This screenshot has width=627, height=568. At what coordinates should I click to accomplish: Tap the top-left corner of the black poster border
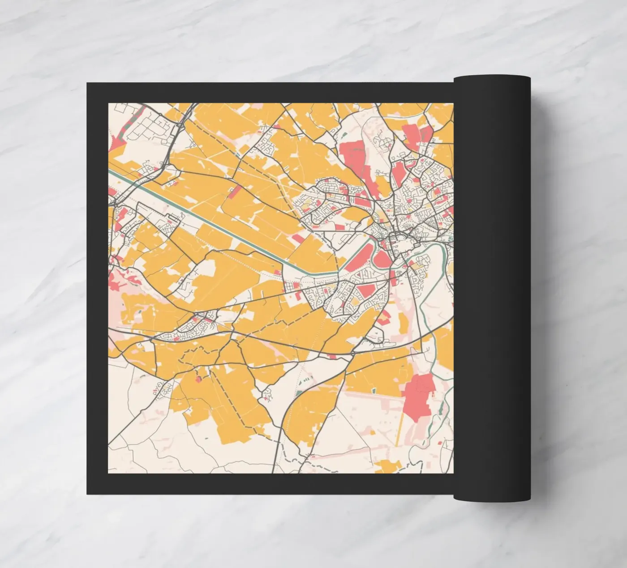click(88, 84)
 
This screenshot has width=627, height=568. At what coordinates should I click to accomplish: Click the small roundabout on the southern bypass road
click(353, 353)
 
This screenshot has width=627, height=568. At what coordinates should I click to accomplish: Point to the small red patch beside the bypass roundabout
click(332, 356)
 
